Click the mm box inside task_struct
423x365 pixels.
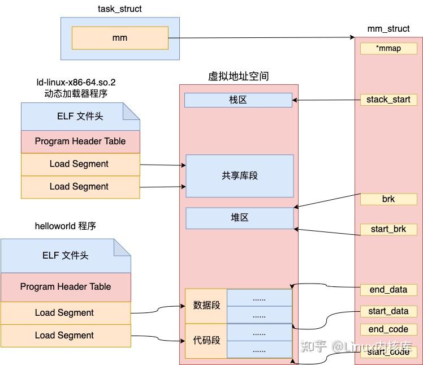pyautogui.click(x=120, y=38)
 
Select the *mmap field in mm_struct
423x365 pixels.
pyautogui.click(x=389, y=49)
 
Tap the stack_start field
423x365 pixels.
pyautogui.click(x=389, y=100)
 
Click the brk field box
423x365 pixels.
pyautogui.click(x=389, y=199)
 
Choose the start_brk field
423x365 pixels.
pyautogui.click(x=389, y=229)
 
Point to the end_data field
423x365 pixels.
pyautogui.click(x=389, y=290)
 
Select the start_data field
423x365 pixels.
pyautogui.click(x=389, y=311)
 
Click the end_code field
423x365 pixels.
pyautogui.click(x=389, y=329)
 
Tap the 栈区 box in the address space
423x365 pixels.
pyautogui.click(x=238, y=100)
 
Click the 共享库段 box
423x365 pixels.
pyautogui.click(x=240, y=176)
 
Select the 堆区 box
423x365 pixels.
pyautogui.click(x=240, y=218)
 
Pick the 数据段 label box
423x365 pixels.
pyautogui.click(x=206, y=306)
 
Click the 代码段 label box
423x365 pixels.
pyautogui.click(x=206, y=341)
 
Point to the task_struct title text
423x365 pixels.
pyautogui.click(x=120, y=9)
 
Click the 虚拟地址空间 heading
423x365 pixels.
pyautogui.click(x=239, y=76)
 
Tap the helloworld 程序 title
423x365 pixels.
pyautogui.click(x=66, y=226)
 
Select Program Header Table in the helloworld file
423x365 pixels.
pyautogui.click(x=66, y=287)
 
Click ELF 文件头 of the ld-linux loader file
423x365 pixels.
pyautogui.click(x=80, y=117)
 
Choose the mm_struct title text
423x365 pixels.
pyautogui.click(x=389, y=29)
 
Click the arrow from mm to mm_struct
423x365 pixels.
pyautogui.click(x=261, y=37)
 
